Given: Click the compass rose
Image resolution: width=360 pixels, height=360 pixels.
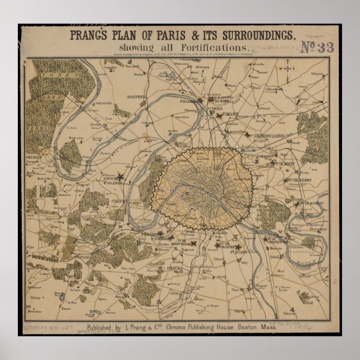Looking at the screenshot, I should tap(287, 70).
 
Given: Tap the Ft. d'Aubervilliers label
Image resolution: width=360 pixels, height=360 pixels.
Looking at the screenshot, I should tap(274, 136).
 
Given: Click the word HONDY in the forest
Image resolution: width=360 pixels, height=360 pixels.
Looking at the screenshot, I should tap(320, 134).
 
